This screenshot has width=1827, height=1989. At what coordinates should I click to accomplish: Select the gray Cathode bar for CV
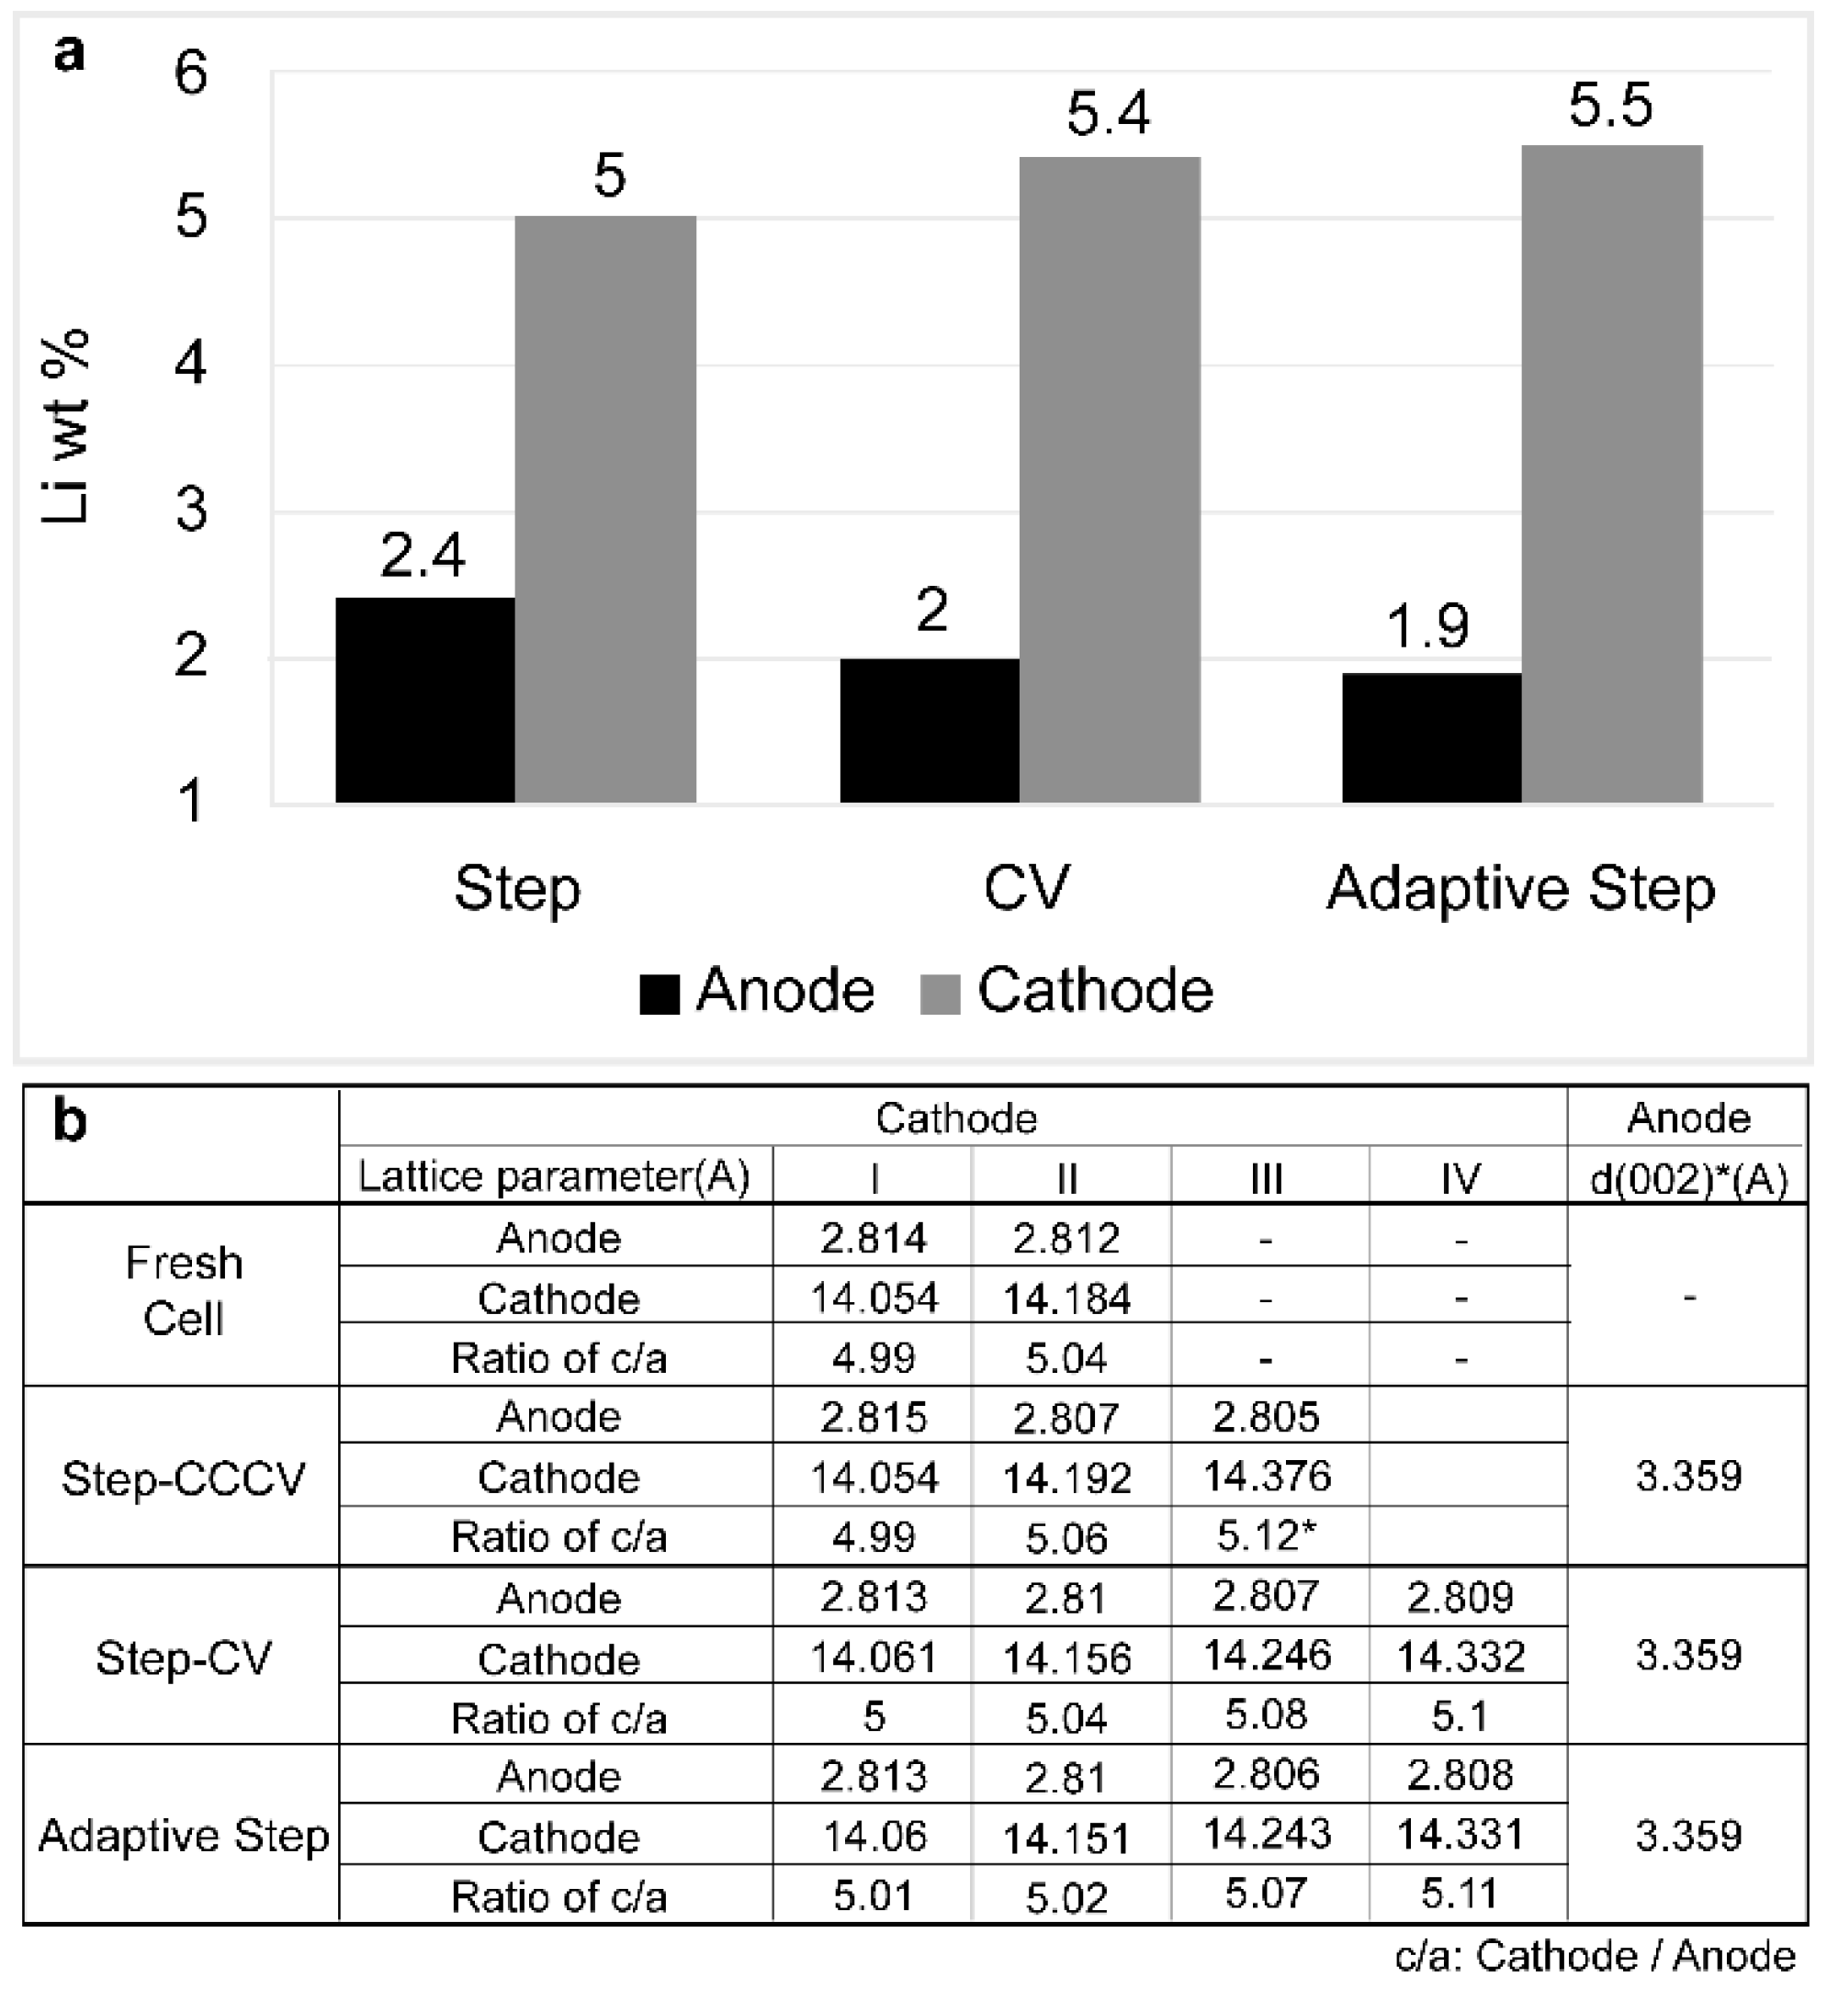click(x=1110, y=479)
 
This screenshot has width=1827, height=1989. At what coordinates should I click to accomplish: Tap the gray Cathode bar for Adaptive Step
click(x=1611, y=474)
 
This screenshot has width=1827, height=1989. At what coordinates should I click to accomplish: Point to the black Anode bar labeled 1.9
click(x=1430, y=737)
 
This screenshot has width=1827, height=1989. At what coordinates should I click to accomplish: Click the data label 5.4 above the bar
click(x=1109, y=113)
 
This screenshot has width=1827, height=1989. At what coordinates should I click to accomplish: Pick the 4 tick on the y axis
click(x=191, y=364)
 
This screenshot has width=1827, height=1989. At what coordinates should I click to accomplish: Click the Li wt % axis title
click(x=67, y=427)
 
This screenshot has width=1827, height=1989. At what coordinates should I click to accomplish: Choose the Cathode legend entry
click(x=1067, y=991)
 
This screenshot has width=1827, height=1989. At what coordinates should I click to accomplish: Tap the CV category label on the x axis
click(x=1026, y=887)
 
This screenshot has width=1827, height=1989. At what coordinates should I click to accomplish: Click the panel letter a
click(x=69, y=51)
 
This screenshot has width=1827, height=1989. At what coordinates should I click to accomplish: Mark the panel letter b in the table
click(x=69, y=1122)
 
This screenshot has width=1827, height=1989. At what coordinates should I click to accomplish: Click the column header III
click(x=1267, y=1178)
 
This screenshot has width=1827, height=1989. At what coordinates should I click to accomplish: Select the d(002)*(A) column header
click(x=1688, y=1178)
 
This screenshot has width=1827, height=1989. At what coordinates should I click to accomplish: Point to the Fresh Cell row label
click(x=184, y=1291)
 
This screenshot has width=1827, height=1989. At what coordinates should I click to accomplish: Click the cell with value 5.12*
click(x=1267, y=1535)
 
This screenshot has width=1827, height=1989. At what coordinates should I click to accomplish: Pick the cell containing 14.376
click(x=1267, y=1476)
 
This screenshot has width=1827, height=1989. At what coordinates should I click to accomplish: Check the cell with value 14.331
click(x=1460, y=1835)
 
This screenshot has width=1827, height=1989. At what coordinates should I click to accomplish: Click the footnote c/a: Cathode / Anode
click(x=1595, y=1956)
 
